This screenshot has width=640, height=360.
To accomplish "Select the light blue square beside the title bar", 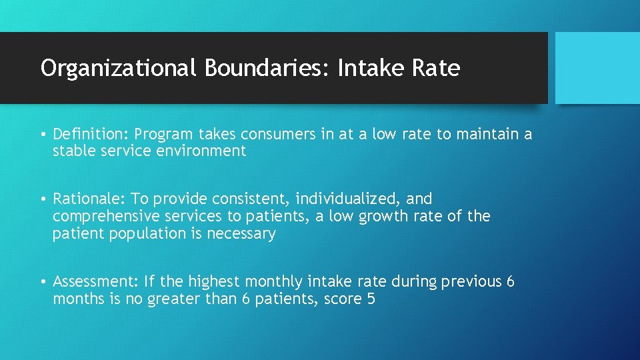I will point(597,68).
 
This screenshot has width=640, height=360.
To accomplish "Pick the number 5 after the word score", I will point(371,299).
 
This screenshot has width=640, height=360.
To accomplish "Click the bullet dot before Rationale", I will point(43,199).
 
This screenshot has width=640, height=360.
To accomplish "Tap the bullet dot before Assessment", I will point(43,282).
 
